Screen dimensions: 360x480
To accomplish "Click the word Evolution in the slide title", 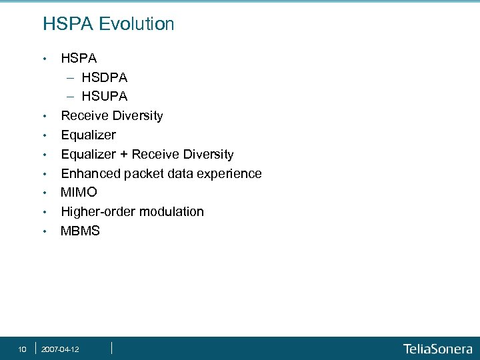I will click(x=137, y=25).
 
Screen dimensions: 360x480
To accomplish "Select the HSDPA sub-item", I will click(x=105, y=78).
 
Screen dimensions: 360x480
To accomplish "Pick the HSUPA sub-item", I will click(x=105, y=97).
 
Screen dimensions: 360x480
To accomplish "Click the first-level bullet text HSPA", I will click(x=79, y=59).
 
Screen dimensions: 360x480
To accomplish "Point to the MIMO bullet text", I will click(x=79, y=193).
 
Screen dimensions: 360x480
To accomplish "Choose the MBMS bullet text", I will click(x=80, y=231).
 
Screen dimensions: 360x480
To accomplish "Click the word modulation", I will click(x=173, y=212).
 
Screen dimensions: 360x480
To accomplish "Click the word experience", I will click(x=230, y=174).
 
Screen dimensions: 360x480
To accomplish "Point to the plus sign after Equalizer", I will click(x=124, y=155).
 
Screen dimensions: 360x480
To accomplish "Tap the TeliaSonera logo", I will click(x=437, y=349).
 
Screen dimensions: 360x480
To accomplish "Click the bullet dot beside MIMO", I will click(x=44, y=193).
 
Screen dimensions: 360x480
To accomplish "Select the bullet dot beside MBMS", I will click(x=44, y=232).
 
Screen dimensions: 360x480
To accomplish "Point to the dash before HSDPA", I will click(x=69, y=78).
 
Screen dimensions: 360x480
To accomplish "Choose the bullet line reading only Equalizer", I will click(x=88, y=135).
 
